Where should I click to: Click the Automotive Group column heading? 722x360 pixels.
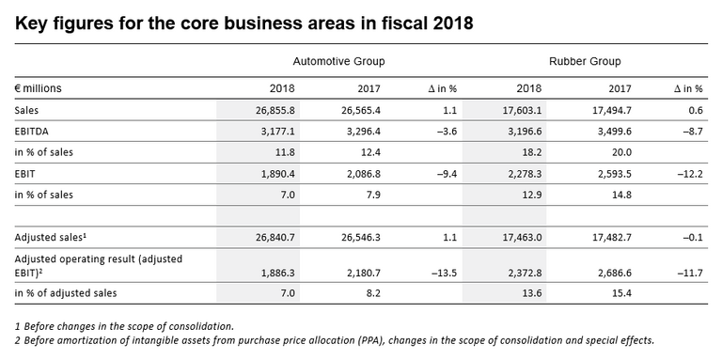pos(339,61)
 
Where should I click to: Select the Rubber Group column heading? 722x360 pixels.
pos(579,61)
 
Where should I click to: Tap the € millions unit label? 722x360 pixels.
pos(39,88)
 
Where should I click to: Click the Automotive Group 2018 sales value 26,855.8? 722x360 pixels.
pos(272,110)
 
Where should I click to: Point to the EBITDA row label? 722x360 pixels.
pos(32,131)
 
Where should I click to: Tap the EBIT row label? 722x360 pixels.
pos(25,173)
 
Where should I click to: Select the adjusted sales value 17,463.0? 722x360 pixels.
pos(512,238)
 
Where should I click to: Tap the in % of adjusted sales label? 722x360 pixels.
pos(65,293)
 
